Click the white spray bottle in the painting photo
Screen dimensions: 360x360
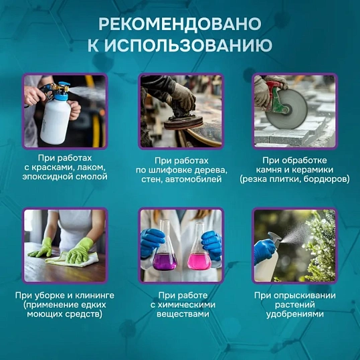click(x=55, y=118)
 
